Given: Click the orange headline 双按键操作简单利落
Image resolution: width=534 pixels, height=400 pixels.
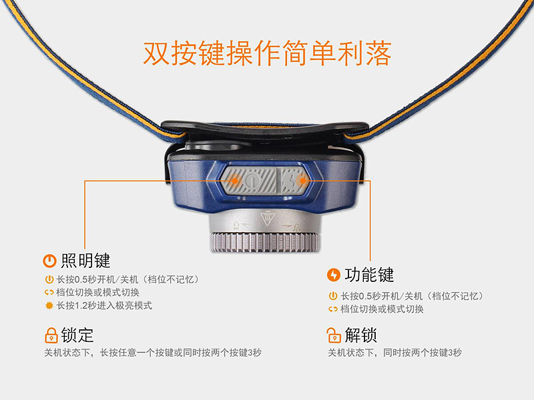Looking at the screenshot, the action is tap(267, 53).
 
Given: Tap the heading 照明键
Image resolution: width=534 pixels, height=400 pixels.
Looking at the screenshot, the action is tap(85, 261).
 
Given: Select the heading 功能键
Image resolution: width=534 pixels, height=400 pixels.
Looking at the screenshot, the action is tap(369, 275).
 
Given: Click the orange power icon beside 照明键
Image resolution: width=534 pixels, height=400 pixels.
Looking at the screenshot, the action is tap(49, 261).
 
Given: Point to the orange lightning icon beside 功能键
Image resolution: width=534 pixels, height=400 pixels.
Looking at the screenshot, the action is tap(333, 275).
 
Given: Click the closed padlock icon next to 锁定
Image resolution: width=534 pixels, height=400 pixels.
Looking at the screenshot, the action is tap(51, 335).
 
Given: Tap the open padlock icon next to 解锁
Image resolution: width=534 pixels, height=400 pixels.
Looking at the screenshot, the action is tap(334, 335).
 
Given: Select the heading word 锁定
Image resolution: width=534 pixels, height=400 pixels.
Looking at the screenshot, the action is tap(77, 335).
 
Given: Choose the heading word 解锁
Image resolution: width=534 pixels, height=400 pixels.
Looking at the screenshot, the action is tap(361, 335).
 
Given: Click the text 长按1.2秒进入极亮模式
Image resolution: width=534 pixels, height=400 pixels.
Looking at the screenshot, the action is tap(104, 305).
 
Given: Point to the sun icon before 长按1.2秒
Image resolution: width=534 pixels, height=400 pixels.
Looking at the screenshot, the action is tap(49, 305).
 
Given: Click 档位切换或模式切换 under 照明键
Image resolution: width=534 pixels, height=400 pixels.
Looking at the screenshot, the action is tap(97, 293).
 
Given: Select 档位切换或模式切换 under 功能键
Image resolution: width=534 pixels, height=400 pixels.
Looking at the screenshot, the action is tap(382, 309).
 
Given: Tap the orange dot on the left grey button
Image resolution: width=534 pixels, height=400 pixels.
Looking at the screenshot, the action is tap(235, 180).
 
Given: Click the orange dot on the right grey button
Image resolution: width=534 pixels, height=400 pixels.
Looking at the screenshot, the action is tap(302, 180).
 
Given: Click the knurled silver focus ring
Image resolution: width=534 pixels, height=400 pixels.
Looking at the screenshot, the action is tap(265, 243).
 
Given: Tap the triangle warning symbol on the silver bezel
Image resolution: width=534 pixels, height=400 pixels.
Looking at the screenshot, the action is tap(268, 219).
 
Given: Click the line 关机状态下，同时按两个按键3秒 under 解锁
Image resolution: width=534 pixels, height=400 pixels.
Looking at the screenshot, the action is tap(394, 353).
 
